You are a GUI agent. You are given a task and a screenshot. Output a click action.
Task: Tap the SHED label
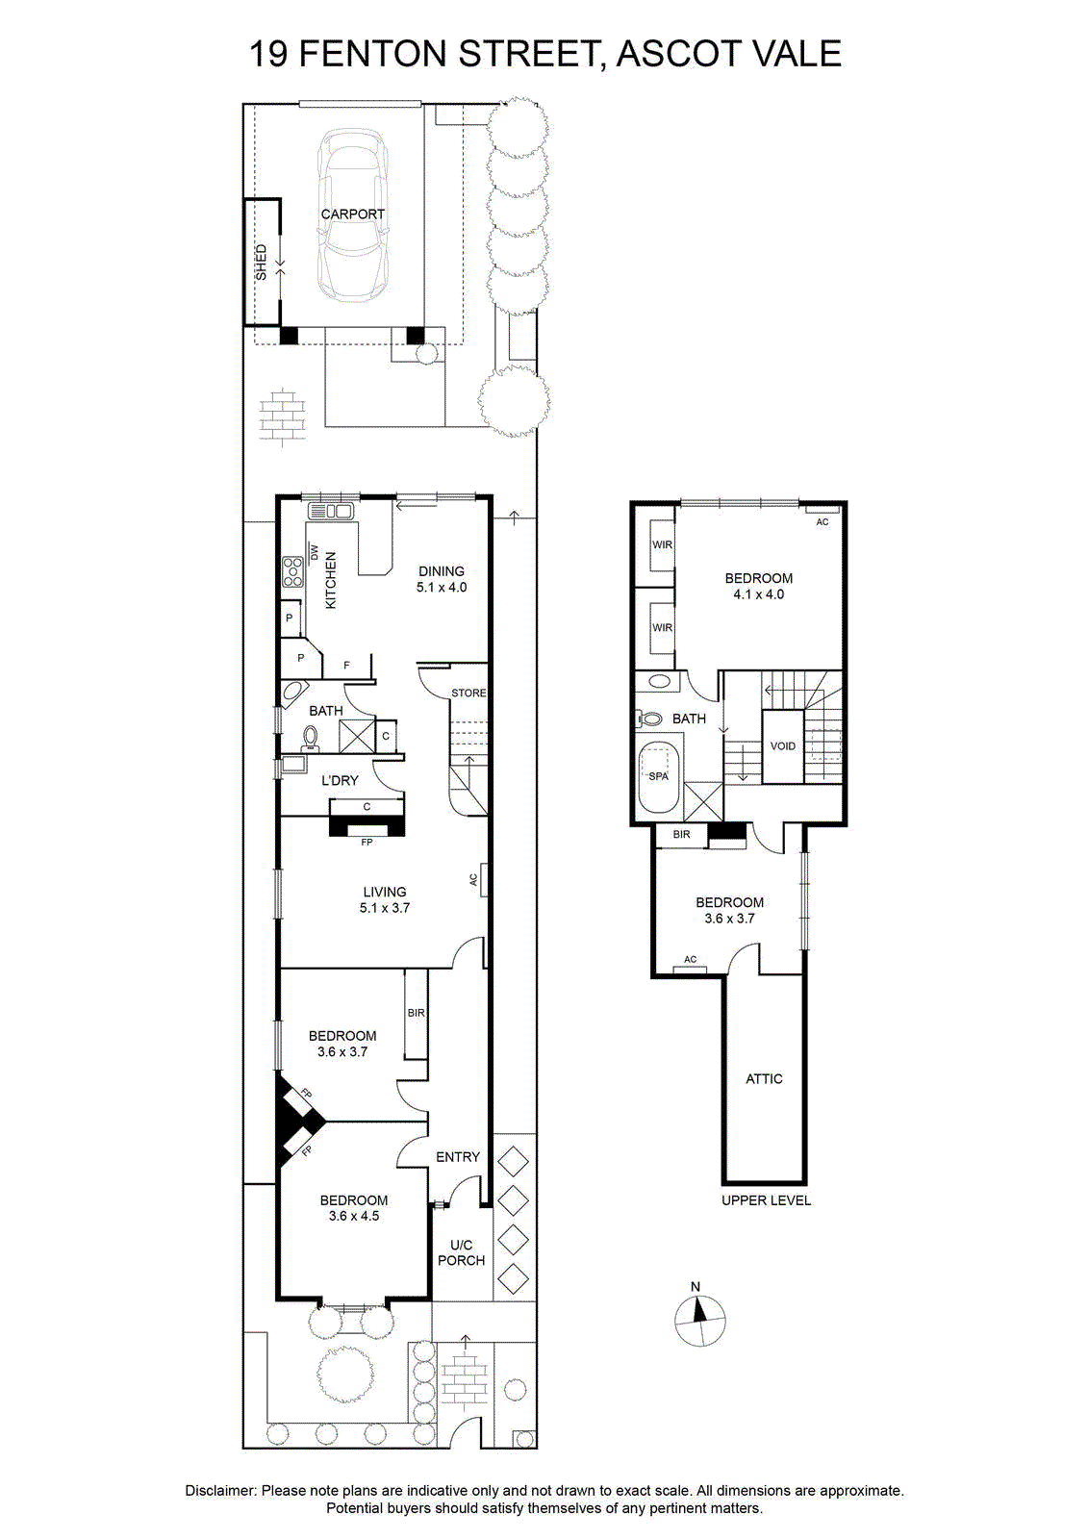(261, 263)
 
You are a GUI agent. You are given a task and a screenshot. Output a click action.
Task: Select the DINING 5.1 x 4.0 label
(442, 578)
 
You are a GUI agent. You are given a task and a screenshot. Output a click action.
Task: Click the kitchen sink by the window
(331, 511)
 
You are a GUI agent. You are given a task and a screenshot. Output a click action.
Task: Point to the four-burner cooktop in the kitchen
(292, 571)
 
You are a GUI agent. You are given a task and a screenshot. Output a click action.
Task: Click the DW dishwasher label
(315, 552)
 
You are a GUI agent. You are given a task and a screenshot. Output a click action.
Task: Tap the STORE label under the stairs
(468, 694)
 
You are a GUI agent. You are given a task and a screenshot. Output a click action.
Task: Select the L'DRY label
(340, 780)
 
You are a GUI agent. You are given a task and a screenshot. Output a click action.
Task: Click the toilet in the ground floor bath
(310, 737)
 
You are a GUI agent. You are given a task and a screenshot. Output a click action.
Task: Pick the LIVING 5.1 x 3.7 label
(384, 899)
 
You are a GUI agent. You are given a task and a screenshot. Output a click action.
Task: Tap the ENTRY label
(458, 1157)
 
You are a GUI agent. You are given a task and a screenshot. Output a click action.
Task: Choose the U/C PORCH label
(461, 1252)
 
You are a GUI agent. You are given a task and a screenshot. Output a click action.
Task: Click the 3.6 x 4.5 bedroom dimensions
(353, 1216)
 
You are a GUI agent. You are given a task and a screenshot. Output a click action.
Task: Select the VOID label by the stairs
(783, 746)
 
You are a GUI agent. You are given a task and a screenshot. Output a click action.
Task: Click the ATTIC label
(764, 1078)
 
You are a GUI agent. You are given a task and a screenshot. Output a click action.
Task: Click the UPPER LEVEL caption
(767, 1200)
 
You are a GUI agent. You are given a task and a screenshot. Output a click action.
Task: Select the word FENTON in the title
(374, 54)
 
